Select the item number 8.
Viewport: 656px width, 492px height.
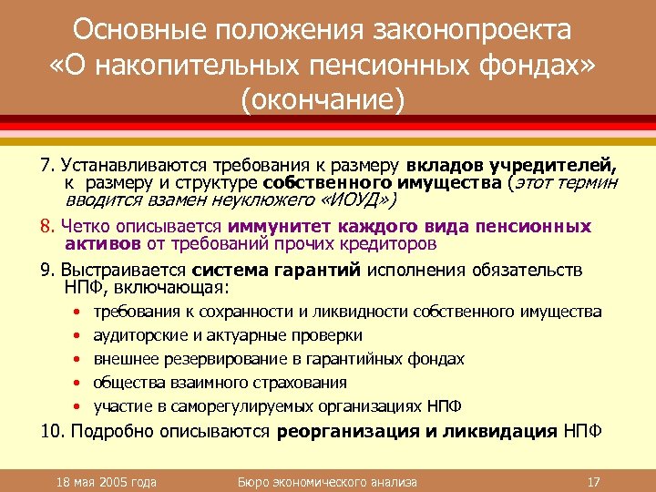click(x=48, y=226)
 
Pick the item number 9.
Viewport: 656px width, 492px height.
click(x=47, y=271)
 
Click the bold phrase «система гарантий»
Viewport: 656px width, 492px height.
click(x=277, y=271)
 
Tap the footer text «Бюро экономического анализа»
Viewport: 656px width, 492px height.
click(x=326, y=481)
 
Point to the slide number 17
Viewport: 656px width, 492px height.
click(x=593, y=481)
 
